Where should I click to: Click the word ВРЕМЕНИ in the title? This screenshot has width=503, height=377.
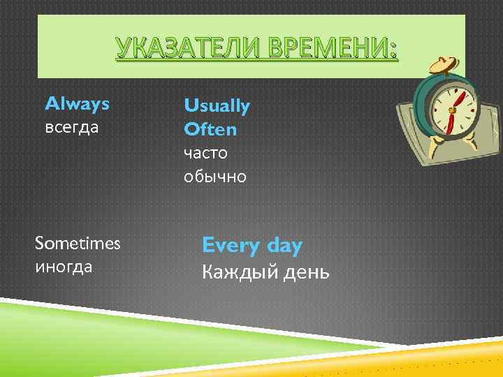326,50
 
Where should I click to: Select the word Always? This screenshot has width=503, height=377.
77,104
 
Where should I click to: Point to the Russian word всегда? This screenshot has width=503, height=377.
73,128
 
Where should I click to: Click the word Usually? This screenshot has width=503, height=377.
217,106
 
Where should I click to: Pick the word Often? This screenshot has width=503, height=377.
210,129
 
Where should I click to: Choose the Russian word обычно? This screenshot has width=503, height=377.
215,177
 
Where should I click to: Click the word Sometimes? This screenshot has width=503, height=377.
78,244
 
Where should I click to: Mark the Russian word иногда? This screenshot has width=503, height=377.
64,267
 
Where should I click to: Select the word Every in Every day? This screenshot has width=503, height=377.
229,246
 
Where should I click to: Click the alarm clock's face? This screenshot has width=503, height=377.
453,108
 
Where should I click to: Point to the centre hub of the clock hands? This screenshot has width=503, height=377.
453,110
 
